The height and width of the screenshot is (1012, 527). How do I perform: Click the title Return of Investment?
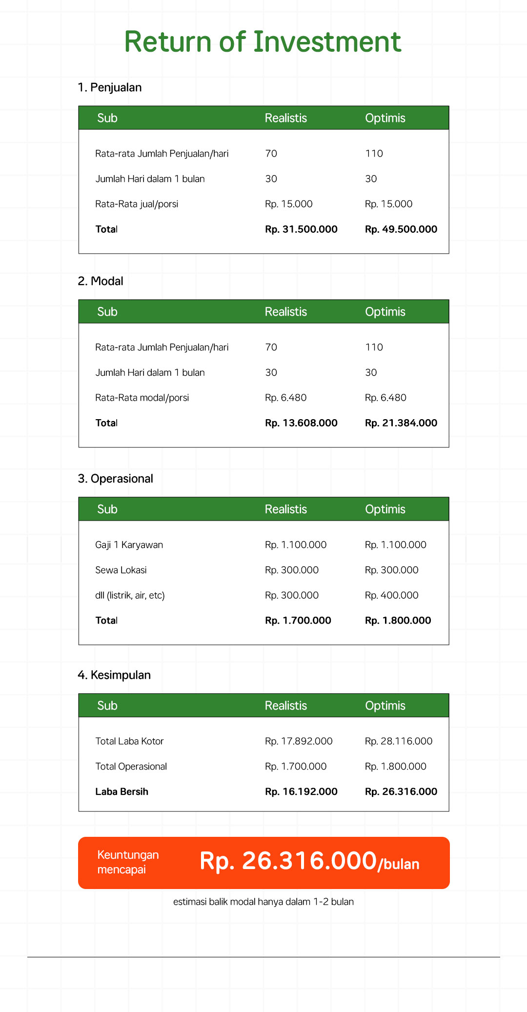tap(263, 42)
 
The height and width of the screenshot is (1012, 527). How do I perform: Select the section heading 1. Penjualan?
tap(110, 88)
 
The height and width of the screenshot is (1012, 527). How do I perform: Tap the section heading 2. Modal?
tap(101, 282)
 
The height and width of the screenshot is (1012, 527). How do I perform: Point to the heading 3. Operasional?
tap(116, 479)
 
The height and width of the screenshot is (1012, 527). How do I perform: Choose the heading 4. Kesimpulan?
tap(114, 675)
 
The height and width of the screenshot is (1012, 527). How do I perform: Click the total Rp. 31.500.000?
tap(301, 229)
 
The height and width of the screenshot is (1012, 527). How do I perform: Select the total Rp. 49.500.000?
tap(401, 229)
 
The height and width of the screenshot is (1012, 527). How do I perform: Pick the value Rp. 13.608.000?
tap(301, 423)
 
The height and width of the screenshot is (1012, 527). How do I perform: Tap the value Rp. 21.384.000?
tap(401, 423)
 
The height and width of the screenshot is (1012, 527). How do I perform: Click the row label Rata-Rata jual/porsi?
tap(137, 204)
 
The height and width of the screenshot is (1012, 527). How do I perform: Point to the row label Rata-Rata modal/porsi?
tap(142, 398)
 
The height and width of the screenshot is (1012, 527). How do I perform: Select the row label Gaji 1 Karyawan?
tap(129, 545)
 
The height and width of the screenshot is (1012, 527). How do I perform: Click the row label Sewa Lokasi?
tap(121, 570)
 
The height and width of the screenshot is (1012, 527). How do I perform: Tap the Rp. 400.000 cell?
tap(391, 596)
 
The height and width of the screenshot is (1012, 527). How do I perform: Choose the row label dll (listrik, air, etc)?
tap(130, 596)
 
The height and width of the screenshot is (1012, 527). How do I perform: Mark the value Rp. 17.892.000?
tap(299, 741)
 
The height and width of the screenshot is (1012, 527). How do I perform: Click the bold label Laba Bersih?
tap(122, 792)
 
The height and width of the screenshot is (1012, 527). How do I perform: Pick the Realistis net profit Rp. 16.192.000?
tap(301, 792)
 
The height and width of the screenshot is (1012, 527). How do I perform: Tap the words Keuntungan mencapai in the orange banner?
tap(128, 862)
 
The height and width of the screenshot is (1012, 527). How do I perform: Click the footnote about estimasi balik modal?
tap(263, 902)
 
